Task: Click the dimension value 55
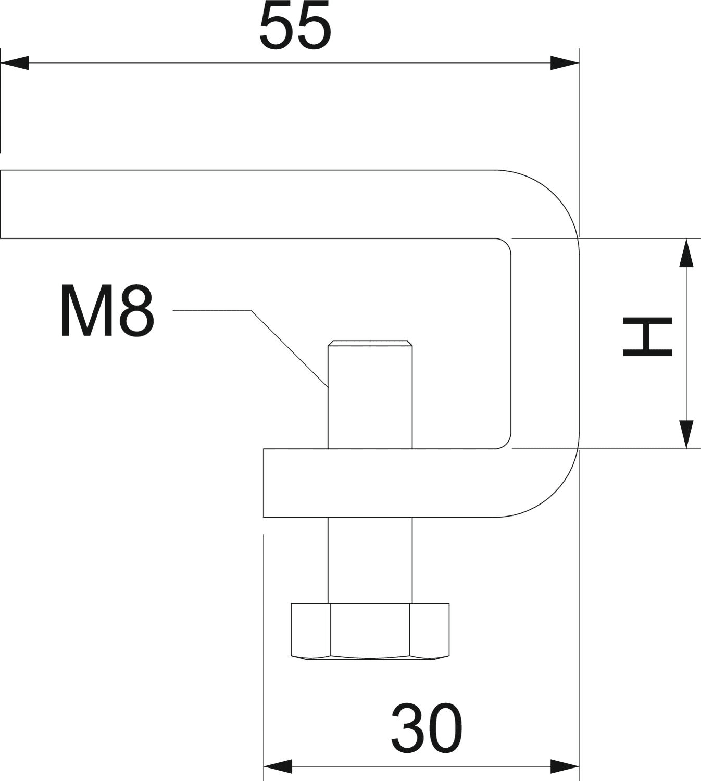point(295,26)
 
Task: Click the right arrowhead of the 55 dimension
point(565,64)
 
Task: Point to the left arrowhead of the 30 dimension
point(278,766)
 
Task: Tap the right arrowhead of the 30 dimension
point(565,766)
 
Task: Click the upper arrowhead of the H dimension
point(687,253)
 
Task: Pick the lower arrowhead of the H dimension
point(687,434)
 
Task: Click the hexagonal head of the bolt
point(370,631)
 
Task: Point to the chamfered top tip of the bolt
point(370,344)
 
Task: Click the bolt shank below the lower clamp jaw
point(370,560)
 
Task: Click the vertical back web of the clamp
point(545,344)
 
